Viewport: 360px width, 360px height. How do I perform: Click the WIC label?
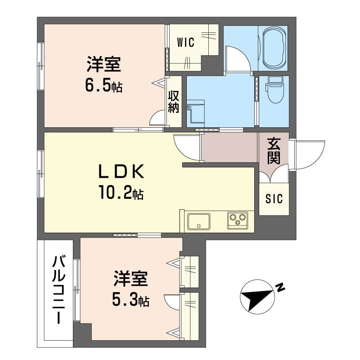(x=186, y=42)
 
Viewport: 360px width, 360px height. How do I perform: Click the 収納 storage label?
(x=174, y=102)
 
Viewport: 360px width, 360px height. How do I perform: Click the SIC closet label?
(x=274, y=198)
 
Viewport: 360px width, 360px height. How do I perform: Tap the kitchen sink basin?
(x=199, y=221)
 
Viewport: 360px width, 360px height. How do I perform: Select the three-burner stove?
(x=238, y=220)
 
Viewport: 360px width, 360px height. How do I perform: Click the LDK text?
(x=121, y=171)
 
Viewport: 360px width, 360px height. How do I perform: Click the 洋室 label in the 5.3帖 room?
(x=130, y=279)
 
